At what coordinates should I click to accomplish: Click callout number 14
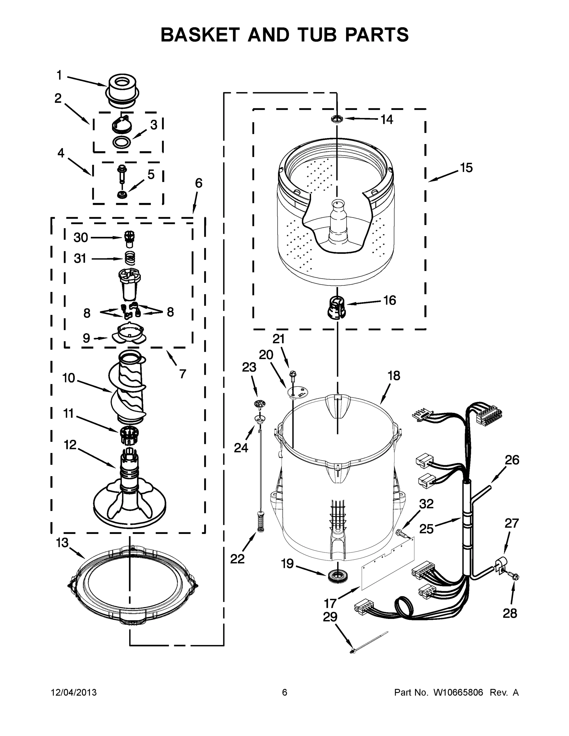point(386,119)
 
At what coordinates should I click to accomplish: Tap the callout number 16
point(390,300)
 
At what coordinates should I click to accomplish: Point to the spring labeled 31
point(130,259)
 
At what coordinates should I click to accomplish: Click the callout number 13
point(62,543)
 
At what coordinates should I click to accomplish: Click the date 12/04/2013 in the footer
point(74,692)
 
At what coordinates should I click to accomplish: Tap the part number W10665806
point(458,692)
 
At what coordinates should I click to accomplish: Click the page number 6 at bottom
point(285,692)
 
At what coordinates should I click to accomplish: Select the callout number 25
point(426,529)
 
